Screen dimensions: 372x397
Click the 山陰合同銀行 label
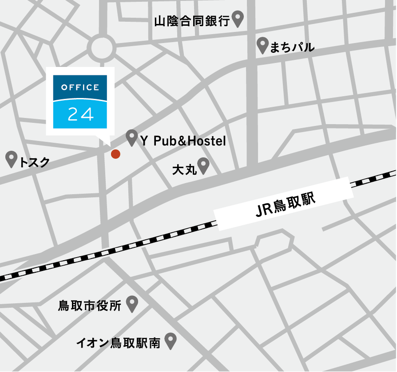click(191, 20)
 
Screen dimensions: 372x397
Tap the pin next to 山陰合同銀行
click(238, 18)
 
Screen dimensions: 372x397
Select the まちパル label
click(292, 47)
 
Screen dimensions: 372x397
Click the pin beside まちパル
click(263, 45)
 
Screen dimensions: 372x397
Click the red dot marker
click(115, 154)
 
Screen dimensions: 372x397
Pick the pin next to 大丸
click(203, 166)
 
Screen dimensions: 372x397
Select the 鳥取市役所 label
click(90, 306)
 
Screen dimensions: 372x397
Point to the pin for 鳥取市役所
click(132, 304)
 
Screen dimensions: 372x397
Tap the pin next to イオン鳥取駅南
click(171, 341)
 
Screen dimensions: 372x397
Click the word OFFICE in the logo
click(80, 87)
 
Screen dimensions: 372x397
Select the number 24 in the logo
click(80, 114)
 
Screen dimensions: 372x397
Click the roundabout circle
click(101, 48)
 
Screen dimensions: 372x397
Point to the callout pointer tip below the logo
click(110, 144)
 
